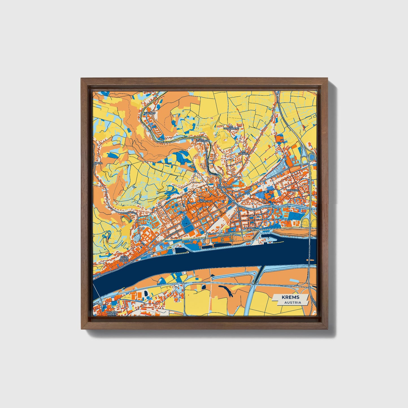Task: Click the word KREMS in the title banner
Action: pyautogui.click(x=291, y=297)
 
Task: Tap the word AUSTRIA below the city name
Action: pyautogui.click(x=293, y=302)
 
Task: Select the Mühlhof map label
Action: pyautogui.click(x=149, y=113)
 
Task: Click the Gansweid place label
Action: pyautogui.click(x=203, y=140)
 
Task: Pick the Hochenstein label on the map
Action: pyautogui.click(x=225, y=187)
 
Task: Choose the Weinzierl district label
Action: pyautogui.click(x=292, y=190)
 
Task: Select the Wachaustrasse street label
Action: pyautogui.click(x=243, y=192)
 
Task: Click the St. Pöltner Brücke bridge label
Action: pyautogui.click(x=310, y=254)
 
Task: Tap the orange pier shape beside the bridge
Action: pyautogui.click(x=307, y=259)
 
